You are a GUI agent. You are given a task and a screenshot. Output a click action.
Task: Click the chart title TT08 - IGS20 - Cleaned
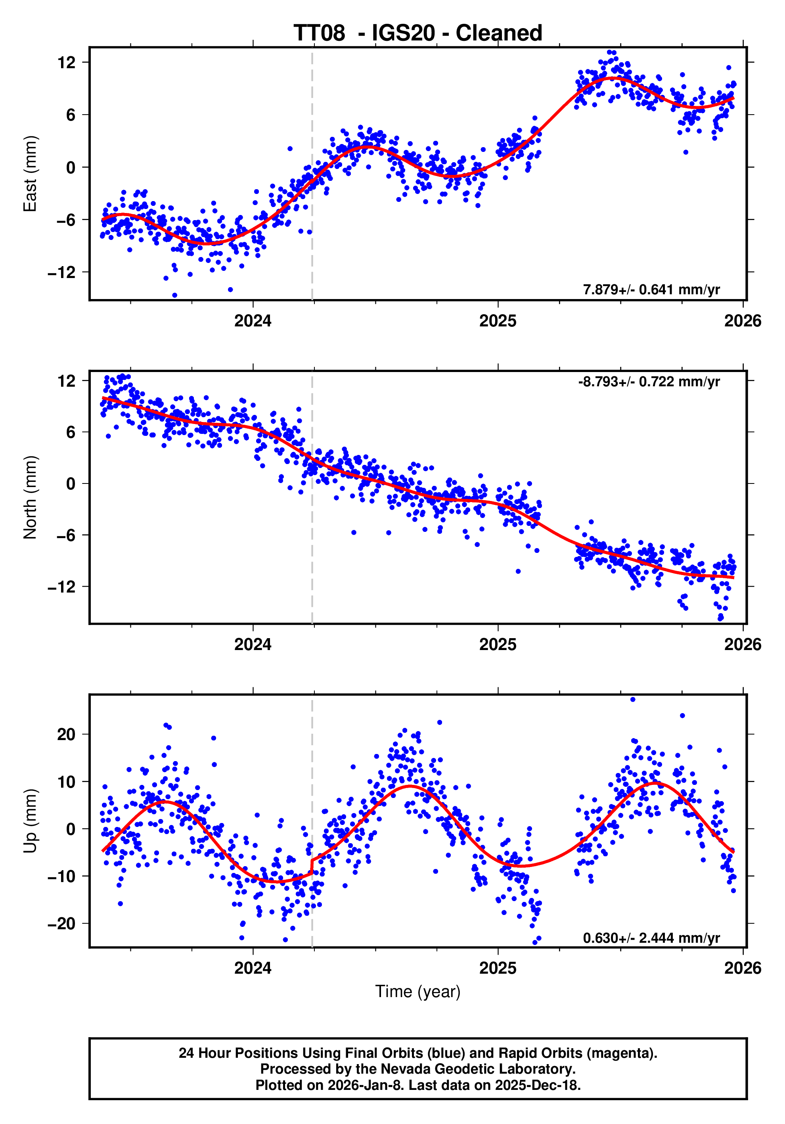point(417,33)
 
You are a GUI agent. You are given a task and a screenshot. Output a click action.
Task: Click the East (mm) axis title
point(31,174)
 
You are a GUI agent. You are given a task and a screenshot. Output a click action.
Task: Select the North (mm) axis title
point(31,497)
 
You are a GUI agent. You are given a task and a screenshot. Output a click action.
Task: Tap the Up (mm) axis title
point(31,821)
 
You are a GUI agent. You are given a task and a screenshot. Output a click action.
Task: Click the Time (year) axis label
point(417,991)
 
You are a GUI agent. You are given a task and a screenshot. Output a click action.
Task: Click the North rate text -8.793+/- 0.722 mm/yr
point(649,382)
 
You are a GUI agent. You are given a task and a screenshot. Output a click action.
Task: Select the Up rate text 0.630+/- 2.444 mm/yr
point(651,938)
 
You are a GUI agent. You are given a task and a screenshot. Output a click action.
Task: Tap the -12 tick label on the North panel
point(62,587)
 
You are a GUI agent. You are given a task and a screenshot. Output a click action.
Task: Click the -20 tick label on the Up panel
point(62,924)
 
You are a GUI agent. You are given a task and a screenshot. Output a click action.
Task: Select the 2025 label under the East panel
point(498,321)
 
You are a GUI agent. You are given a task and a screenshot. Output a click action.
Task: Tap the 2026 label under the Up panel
point(743,968)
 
